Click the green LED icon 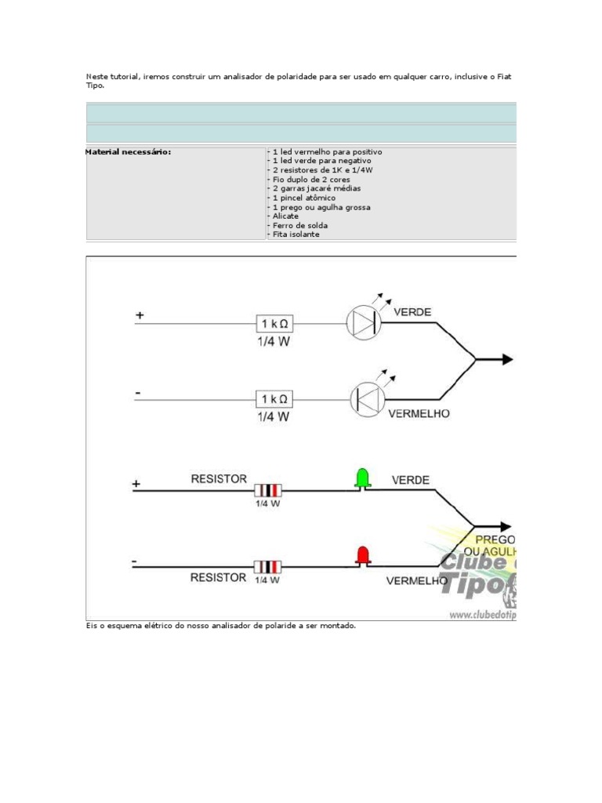[362, 478]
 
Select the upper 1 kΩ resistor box [275, 323]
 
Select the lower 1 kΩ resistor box [275, 399]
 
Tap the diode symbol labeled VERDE [364, 322]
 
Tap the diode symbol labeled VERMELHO [366, 398]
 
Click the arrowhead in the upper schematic [507, 359]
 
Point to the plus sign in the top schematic [140, 315]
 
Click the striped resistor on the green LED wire [267, 490]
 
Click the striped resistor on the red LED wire [267, 566]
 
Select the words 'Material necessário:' [128, 151]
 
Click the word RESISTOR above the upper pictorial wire [219, 478]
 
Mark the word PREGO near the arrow [495, 540]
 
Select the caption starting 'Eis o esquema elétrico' [221, 626]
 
